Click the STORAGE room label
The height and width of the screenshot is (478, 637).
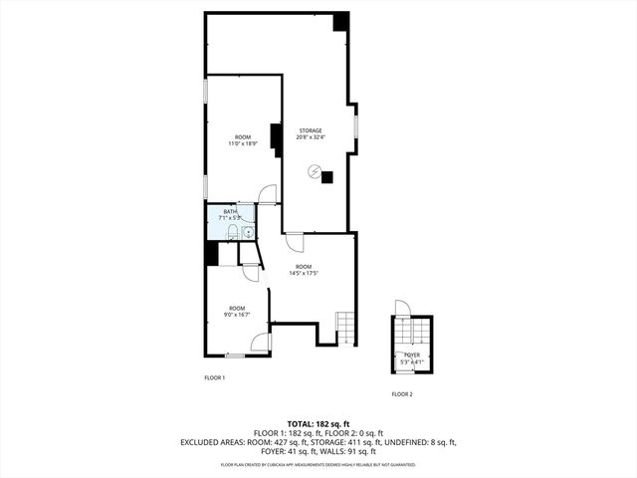tap(311, 129)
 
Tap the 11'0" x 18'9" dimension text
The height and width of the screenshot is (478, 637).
tap(242, 143)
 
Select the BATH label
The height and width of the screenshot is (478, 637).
tap(230, 211)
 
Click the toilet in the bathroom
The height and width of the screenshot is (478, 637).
tap(231, 233)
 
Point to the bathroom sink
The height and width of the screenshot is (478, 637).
tap(247, 233)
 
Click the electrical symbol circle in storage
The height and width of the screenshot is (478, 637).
tap(315, 172)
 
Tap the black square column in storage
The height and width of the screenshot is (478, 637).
tap(327, 177)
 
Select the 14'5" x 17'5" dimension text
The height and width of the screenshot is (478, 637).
tap(303, 273)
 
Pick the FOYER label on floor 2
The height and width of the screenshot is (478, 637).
tap(410, 354)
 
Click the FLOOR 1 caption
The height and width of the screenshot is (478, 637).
tap(215, 377)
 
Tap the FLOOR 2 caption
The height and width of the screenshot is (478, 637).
tap(401, 394)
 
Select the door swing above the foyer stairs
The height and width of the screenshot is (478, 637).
tap(401, 307)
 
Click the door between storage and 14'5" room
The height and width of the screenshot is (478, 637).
tap(294, 240)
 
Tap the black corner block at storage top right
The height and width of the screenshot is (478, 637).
tap(340, 21)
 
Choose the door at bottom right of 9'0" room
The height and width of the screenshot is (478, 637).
tap(262, 343)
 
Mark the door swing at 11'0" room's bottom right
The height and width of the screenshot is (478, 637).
tap(267, 193)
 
